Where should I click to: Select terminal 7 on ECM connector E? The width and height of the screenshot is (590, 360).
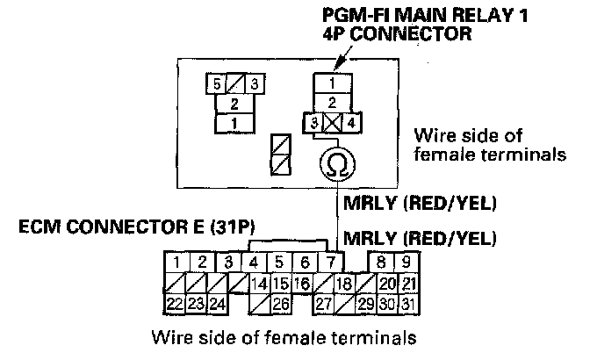330,262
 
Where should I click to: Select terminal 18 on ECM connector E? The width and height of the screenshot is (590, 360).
343,284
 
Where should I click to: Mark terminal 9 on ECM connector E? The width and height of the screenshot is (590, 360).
406,262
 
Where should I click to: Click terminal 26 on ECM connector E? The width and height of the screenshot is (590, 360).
280,305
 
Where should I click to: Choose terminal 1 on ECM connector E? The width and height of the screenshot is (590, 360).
177,262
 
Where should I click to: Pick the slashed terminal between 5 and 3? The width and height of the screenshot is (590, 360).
234,84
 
